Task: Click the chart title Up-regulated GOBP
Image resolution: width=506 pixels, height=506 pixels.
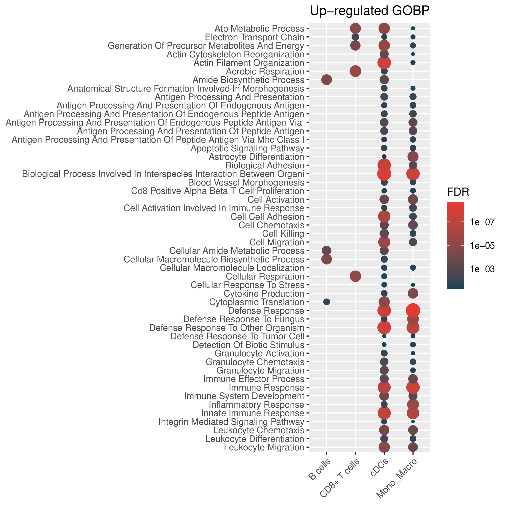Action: tap(370, 11)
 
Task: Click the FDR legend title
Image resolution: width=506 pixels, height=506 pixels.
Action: tap(458, 192)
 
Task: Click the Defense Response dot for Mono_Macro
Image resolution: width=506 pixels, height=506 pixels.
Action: tap(413, 311)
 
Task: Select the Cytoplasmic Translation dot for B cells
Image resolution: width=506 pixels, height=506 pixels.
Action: tap(326, 302)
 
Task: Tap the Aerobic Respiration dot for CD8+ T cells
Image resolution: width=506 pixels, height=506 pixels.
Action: tap(355, 71)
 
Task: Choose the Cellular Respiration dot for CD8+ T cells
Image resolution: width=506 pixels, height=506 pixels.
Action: tap(355, 276)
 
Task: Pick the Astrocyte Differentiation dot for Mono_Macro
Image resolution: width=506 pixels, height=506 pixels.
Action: tap(413, 157)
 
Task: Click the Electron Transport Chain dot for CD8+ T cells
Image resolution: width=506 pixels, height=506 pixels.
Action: tap(355, 37)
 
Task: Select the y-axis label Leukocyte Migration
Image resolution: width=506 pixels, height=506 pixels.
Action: tap(264, 447)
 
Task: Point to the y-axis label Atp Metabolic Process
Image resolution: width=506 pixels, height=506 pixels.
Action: tap(259, 28)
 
